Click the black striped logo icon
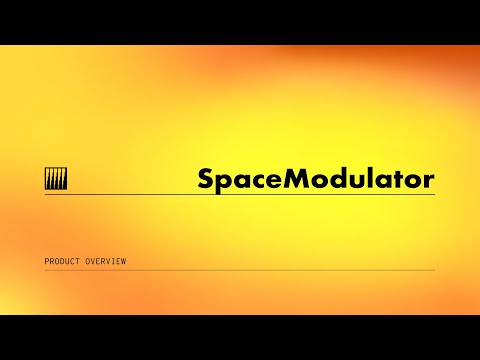coord(56,180)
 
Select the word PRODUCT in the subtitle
coord(62,262)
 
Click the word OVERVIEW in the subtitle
coord(105,262)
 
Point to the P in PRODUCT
coord(47,262)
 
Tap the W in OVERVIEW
coord(123,262)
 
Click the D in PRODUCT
coord(62,262)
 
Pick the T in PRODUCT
coord(77,262)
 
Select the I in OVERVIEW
coord(113,262)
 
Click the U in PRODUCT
coord(67,262)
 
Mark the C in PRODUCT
coord(72,262)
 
